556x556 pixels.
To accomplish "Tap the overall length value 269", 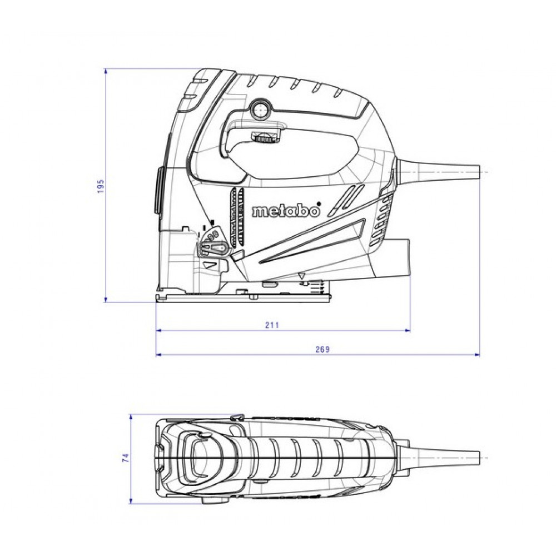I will click(x=322, y=349).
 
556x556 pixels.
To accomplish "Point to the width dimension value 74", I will click(x=126, y=458).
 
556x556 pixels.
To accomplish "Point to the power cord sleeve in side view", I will click(x=439, y=172).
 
